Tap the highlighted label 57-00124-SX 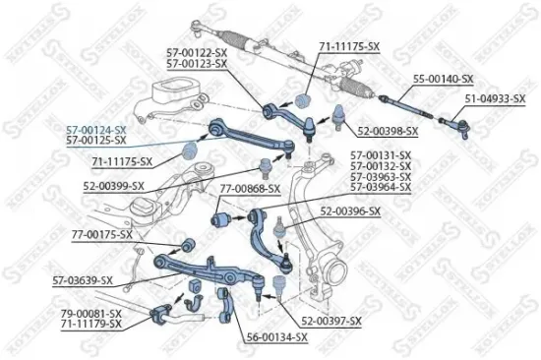click(x=96, y=129)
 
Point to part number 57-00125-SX click(x=96, y=139)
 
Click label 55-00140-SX click(x=443, y=78)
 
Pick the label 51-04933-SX click(x=496, y=98)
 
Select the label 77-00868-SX click(x=250, y=188)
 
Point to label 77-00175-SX click(x=101, y=234)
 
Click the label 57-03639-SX click(x=84, y=280)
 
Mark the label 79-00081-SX click(x=90, y=313)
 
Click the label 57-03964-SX click(x=382, y=187)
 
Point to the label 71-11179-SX click(x=90, y=323)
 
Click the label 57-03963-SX click(x=382, y=177)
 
